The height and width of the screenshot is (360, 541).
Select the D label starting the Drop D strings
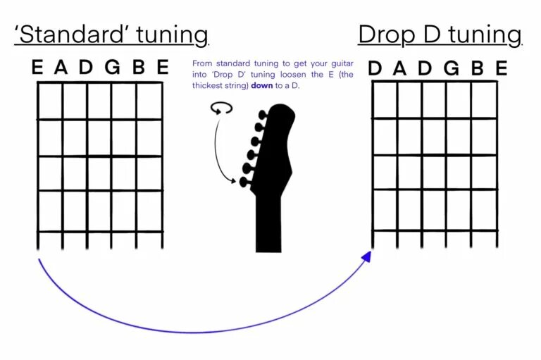click(375, 68)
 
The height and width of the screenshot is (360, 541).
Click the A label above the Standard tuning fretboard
click(61, 68)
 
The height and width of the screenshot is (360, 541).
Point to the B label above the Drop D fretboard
click(476, 68)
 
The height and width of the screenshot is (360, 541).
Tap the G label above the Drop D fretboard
click(451, 68)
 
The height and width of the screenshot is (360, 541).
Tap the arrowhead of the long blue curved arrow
click(366, 256)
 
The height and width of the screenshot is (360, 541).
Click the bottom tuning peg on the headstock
click(244, 182)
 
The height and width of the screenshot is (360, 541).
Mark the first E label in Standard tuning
click(37, 68)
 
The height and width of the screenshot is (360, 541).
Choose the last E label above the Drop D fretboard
click(501, 68)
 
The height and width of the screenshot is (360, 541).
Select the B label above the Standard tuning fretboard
click(138, 68)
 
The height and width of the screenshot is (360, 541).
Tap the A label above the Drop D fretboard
click(400, 68)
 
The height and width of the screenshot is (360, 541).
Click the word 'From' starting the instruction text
click(201, 63)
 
